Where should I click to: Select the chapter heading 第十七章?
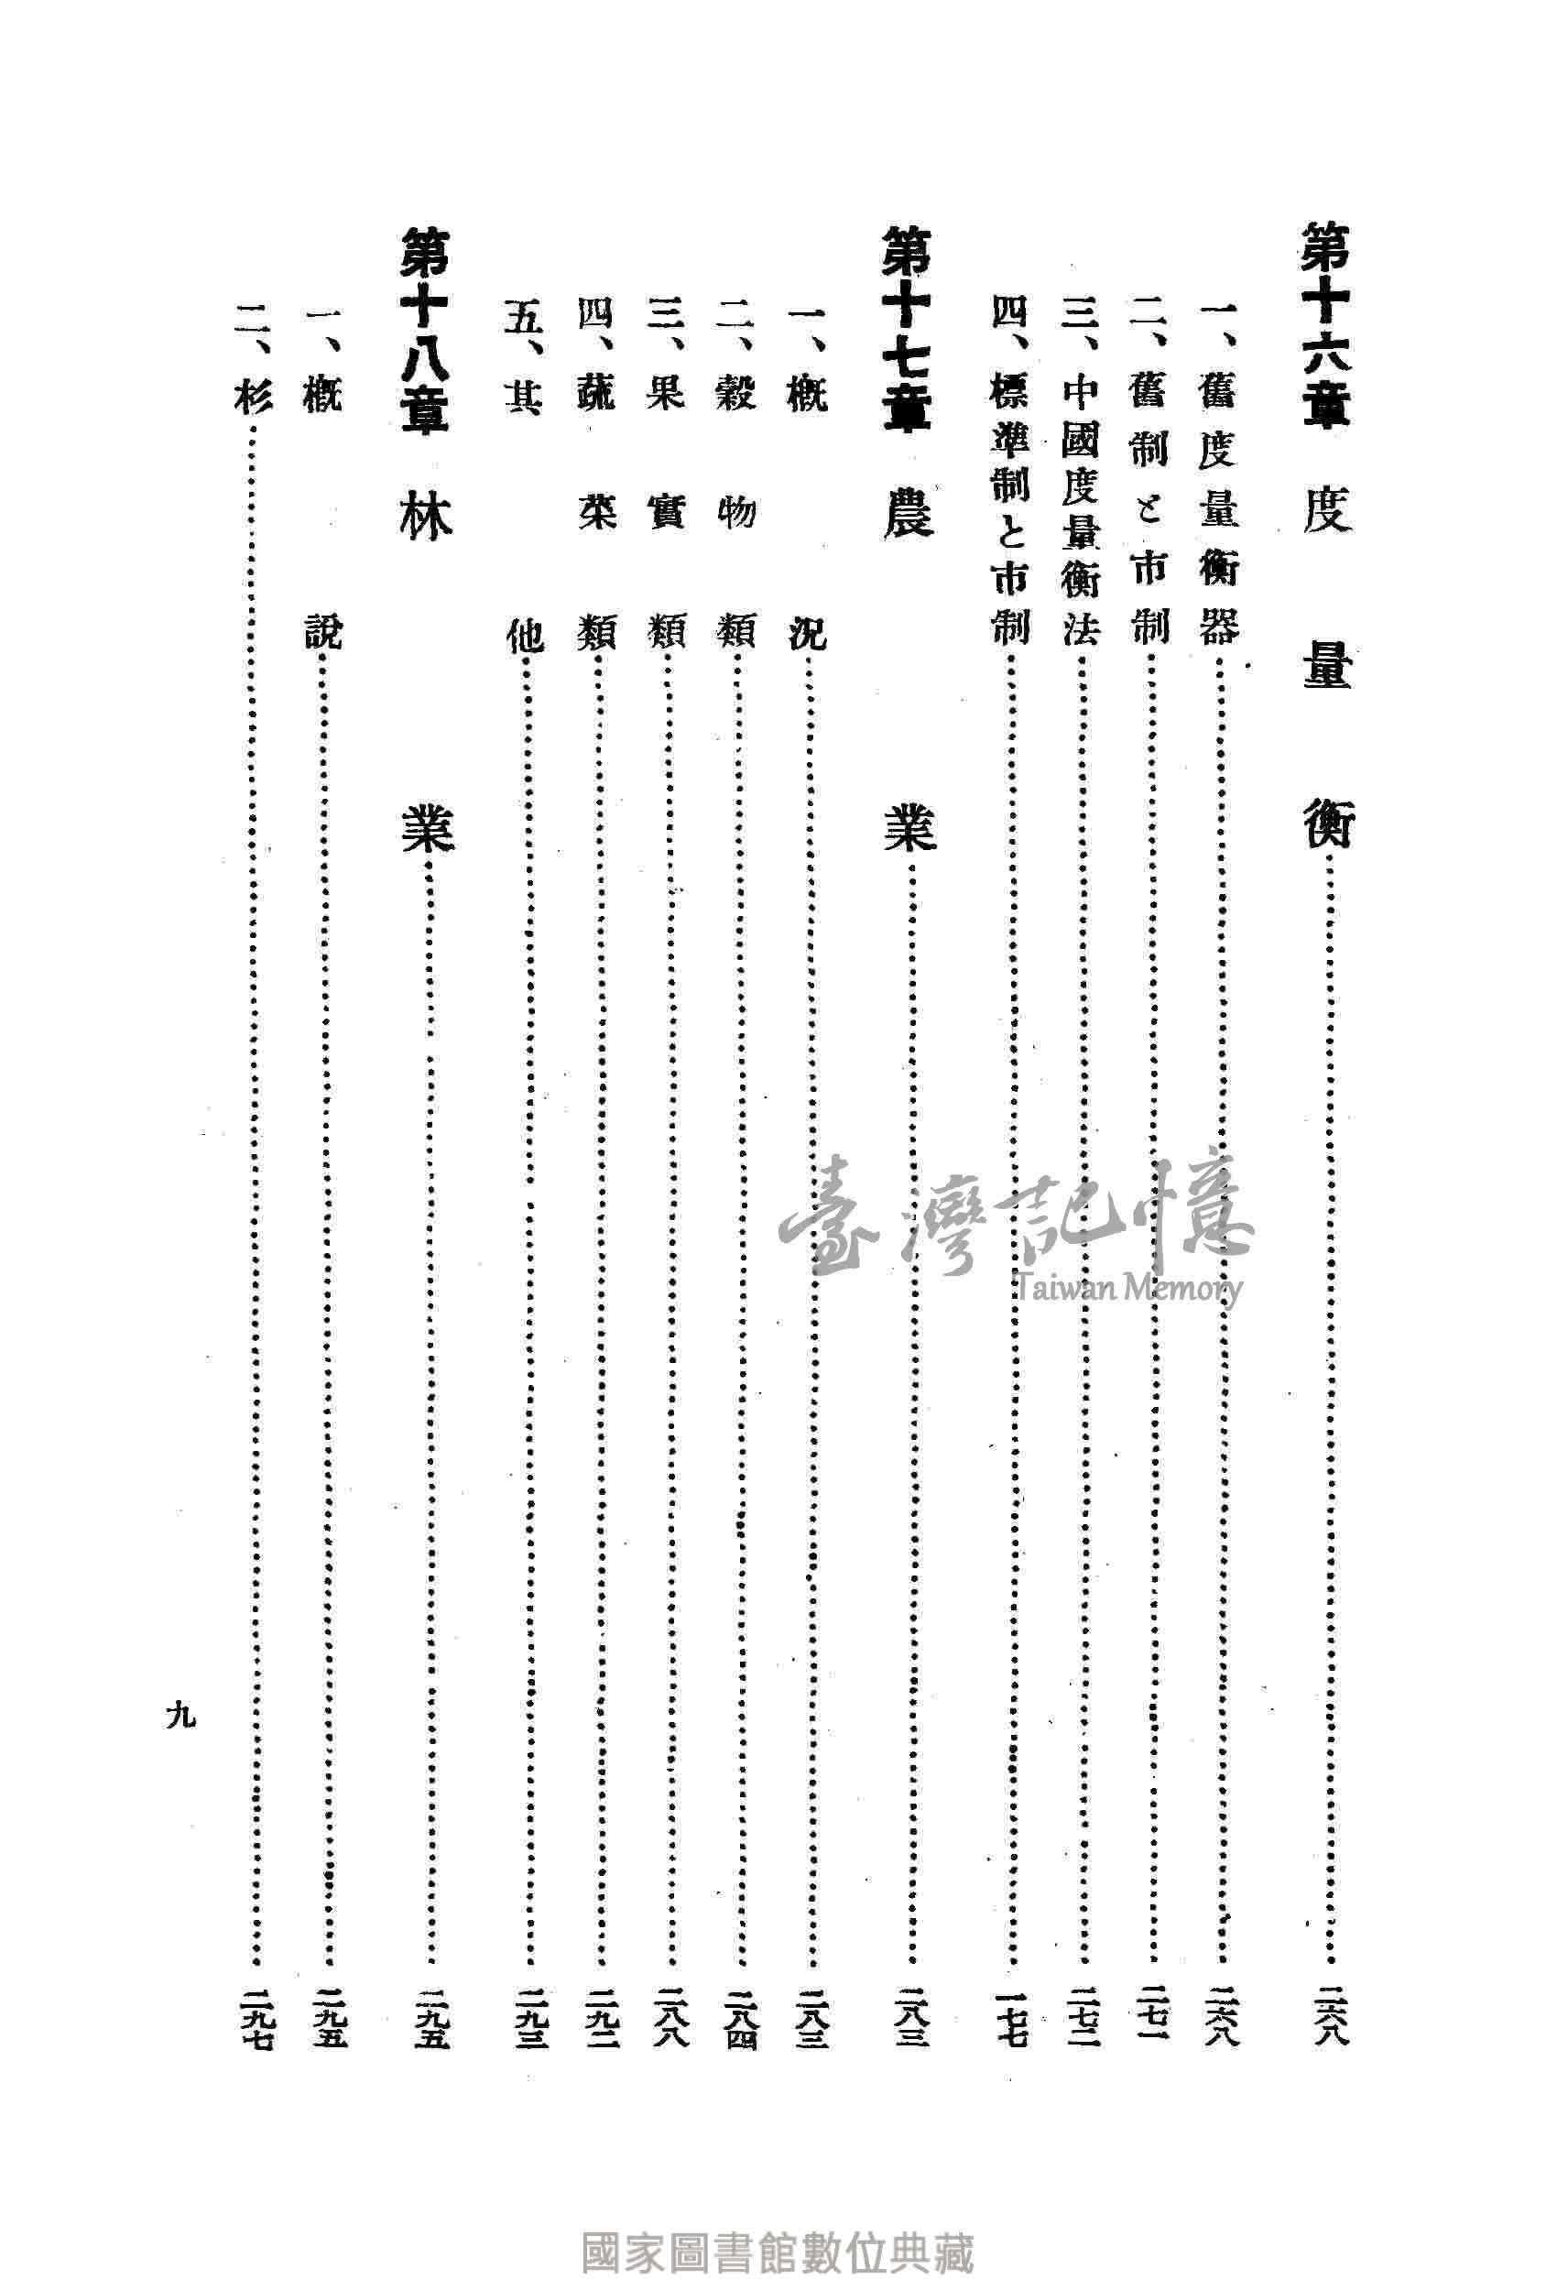click(x=906, y=326)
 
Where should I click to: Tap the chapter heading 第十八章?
click(x=425, y=326)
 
